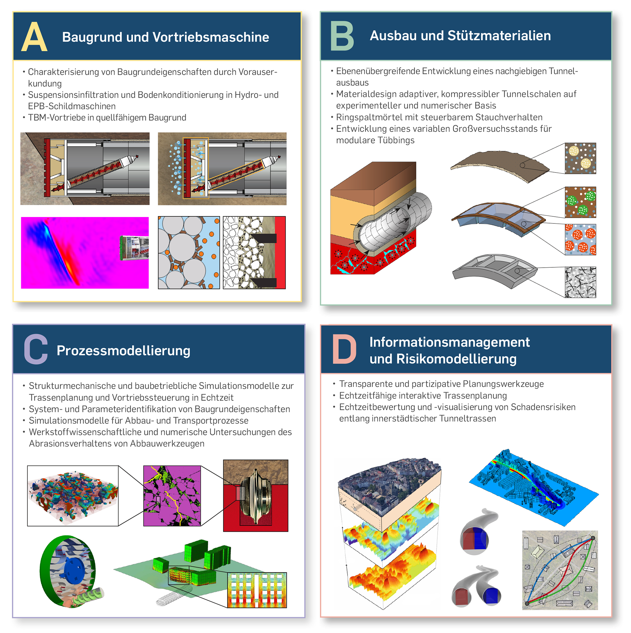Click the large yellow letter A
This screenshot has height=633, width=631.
coord(34,37)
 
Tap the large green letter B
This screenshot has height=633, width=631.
coord(342,36)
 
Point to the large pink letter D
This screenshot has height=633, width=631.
coord(344,349)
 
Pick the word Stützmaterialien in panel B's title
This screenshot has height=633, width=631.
coord(499,36)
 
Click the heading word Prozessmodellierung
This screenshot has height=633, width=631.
coord(123,351)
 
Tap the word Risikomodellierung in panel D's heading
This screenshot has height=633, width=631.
coord(456,359)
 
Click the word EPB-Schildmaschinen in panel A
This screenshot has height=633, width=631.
coord(72,106)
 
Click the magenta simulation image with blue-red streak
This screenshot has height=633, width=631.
coord(85,252)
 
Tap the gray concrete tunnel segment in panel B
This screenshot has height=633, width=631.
coord(495,271)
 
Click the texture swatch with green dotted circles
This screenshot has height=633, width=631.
coord(580,202)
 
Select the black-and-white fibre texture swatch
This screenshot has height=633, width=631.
coord(580,282)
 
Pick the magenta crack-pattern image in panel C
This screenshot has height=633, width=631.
coord(172,496)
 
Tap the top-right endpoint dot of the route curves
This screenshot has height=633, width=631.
coord(593,538)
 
